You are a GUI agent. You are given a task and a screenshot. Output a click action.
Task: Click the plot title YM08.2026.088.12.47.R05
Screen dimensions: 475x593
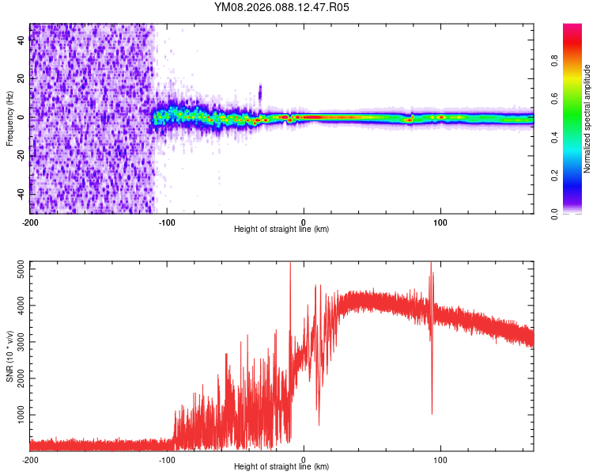(281, 8)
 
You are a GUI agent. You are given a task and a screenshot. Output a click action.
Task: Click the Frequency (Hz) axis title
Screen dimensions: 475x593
(9, 120)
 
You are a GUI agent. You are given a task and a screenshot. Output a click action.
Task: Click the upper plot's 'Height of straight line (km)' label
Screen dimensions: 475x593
(281, 230)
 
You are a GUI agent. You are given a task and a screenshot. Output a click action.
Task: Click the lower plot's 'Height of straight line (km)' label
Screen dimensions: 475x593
(281, 467)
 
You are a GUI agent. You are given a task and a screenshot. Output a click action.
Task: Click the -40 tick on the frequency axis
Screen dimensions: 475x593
(19, 194)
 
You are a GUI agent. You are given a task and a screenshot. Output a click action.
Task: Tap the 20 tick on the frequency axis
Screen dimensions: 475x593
(21, 79)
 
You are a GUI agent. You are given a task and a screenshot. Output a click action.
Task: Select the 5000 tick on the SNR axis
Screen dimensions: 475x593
(16, 270)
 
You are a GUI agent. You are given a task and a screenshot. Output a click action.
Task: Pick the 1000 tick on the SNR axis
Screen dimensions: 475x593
(16, 414)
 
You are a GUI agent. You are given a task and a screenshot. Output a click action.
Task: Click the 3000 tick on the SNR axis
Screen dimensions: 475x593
(16, 342)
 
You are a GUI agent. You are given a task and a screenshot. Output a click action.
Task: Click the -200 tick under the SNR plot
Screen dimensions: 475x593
(30, 459)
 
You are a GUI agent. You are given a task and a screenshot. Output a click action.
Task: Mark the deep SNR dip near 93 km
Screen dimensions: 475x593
(432, 411)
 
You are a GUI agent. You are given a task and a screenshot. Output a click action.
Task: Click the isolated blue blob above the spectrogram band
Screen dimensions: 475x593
(260, 91)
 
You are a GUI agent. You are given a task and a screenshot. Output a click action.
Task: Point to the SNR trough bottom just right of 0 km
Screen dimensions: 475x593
(319, 424)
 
